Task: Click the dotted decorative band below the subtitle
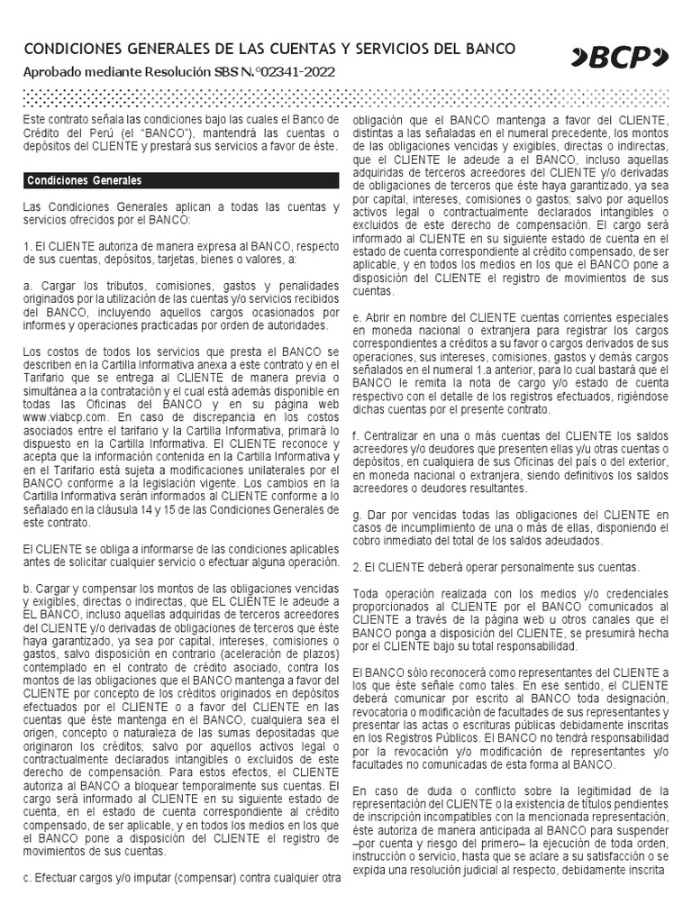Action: tap(346, 96)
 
